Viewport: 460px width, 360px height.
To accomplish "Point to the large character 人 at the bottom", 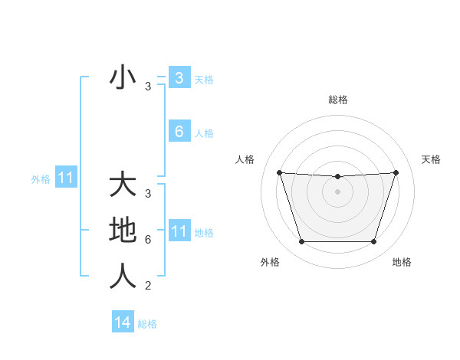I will coord(123,275).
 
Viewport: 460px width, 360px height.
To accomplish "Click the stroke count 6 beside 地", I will coord(148,240).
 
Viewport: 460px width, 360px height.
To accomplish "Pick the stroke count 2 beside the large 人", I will coord(148,286).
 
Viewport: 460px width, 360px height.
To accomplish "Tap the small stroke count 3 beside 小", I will coord(148,87).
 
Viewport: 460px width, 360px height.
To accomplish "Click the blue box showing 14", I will coord(123,322).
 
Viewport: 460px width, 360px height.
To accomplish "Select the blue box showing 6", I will coord(179,132).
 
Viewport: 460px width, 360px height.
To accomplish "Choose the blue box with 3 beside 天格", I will coord(179,77).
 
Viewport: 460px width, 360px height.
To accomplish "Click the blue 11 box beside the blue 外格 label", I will coord(65,178).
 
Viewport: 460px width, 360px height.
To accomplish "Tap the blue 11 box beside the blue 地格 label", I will coord(179,231).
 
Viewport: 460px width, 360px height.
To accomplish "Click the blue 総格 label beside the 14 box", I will coord(147,324).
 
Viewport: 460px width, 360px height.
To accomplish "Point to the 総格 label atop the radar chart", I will coord(338,100).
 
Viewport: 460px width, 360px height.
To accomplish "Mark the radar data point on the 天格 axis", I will coord(396,172).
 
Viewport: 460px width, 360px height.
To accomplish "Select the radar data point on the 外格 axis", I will coord(301,242).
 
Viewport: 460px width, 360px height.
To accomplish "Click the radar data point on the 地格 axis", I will coord(374,242).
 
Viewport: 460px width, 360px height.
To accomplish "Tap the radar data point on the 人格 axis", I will coord(279,172).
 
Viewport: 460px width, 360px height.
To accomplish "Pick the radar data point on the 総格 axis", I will coord(337,177).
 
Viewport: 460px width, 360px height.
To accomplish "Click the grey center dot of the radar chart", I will coord(337,191).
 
